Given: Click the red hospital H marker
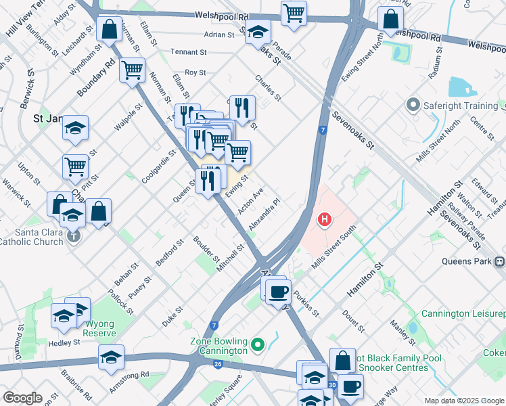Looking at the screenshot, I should click(x=325, y=220).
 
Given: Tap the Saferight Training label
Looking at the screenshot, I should click(x=460, y=106).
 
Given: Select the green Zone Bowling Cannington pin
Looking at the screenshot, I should click(x=257, y=346).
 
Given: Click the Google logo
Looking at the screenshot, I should click(x=22, y=398).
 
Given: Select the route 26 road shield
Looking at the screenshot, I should click(x=218, y=364).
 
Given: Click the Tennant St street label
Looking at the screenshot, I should click(x=188, y=52).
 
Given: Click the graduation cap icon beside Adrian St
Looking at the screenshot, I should click(x=257, y=32).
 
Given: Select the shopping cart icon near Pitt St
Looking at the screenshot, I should click(x=76, y=166).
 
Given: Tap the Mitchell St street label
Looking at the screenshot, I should click(x=230, y=258).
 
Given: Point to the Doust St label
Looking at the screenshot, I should click(x=353, y=318).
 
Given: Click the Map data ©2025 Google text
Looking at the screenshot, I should click(x=463, y=400).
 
